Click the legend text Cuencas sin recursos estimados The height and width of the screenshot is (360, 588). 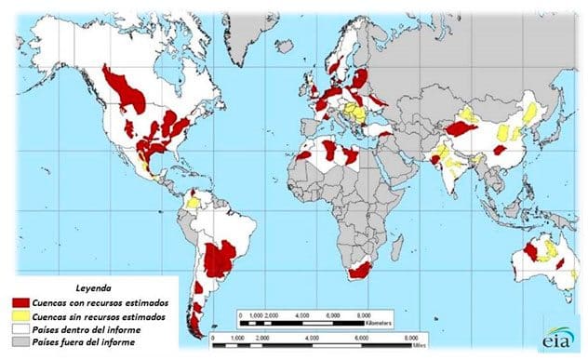[x=99, y=316]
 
